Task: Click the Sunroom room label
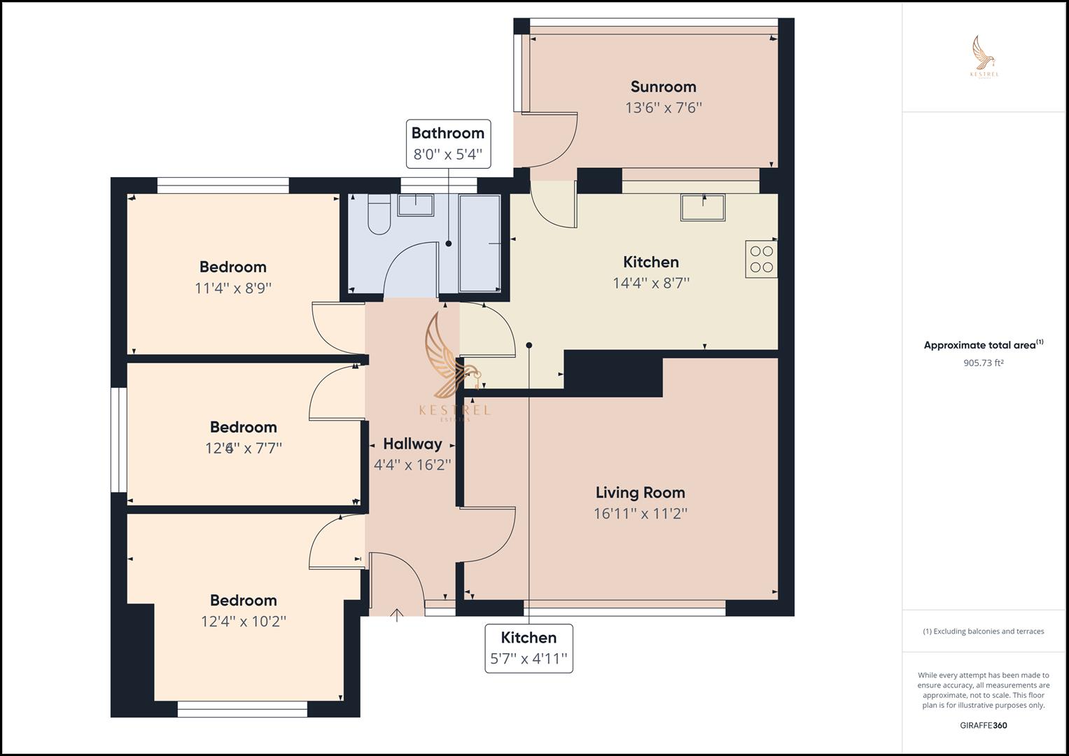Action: coord(663,87)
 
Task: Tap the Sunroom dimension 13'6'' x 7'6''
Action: coord(663,108)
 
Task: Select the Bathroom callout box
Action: coord(448,143)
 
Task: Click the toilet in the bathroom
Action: coord(379,215)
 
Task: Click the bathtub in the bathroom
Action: coord(480,243)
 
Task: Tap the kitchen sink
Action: coord(702,208)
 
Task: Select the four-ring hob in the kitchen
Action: coord(761,259)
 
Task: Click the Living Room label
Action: coord(640,493)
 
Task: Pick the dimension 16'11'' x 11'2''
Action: coord(640,514)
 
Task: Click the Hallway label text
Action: coord(412,444)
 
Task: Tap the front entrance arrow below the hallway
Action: coord(396,615)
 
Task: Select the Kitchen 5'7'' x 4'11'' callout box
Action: coord(529,648)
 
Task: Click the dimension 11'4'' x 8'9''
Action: coord(232,288)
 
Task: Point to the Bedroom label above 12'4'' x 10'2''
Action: coord(243,601)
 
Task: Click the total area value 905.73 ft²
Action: coord(983,363)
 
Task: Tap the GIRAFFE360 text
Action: coord(983,725)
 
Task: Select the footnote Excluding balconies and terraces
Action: coord(983,631)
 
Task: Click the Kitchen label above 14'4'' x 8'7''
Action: coord(650,262)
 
